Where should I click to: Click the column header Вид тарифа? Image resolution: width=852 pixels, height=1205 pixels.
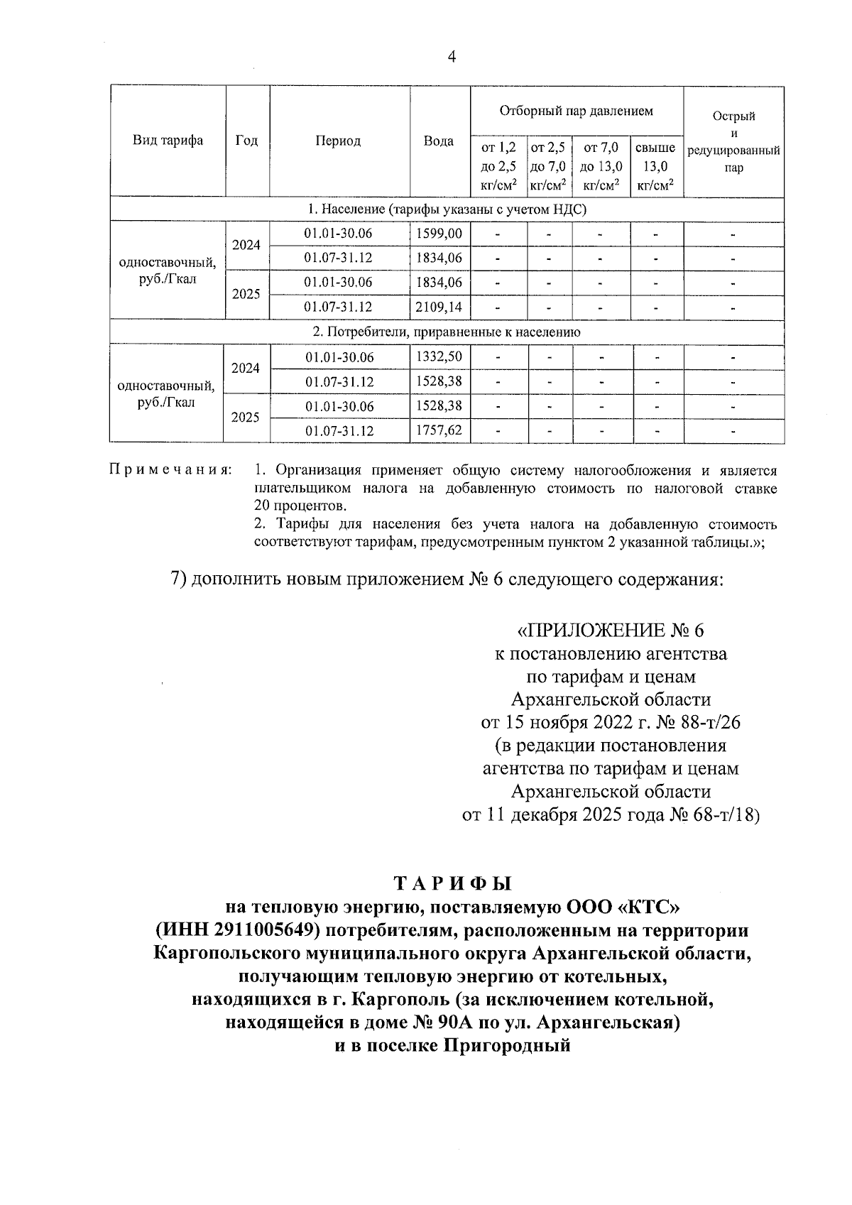tap(168, 141)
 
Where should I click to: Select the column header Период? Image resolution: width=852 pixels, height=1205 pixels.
tap(338, 141)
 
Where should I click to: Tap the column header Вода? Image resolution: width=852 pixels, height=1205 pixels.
tap(439, 141)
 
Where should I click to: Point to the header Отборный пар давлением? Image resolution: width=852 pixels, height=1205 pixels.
tap(576, 111)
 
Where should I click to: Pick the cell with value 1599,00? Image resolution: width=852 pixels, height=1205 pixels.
tap(439, 234)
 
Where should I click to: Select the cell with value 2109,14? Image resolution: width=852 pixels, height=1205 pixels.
tap(439, 307)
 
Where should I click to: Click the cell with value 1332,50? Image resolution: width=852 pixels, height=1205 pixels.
tap(439, 357)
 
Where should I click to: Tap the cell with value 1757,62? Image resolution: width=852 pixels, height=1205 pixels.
tap(439, 430)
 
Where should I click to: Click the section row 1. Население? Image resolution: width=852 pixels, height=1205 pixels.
tap(447, 209)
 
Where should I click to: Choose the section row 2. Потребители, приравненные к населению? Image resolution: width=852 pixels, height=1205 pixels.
tap(447, 332)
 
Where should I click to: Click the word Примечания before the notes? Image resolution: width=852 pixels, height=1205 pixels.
tap(170, 470)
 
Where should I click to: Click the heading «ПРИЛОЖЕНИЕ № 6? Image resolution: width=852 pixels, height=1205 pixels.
tap(611, 630)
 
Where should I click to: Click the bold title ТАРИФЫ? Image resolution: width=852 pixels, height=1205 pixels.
tap(452, 883)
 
